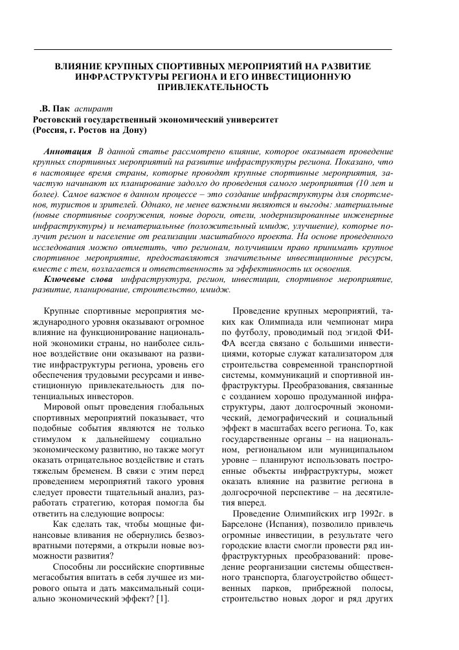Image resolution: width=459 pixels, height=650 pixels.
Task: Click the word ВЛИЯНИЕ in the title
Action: (x=82, y=66)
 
